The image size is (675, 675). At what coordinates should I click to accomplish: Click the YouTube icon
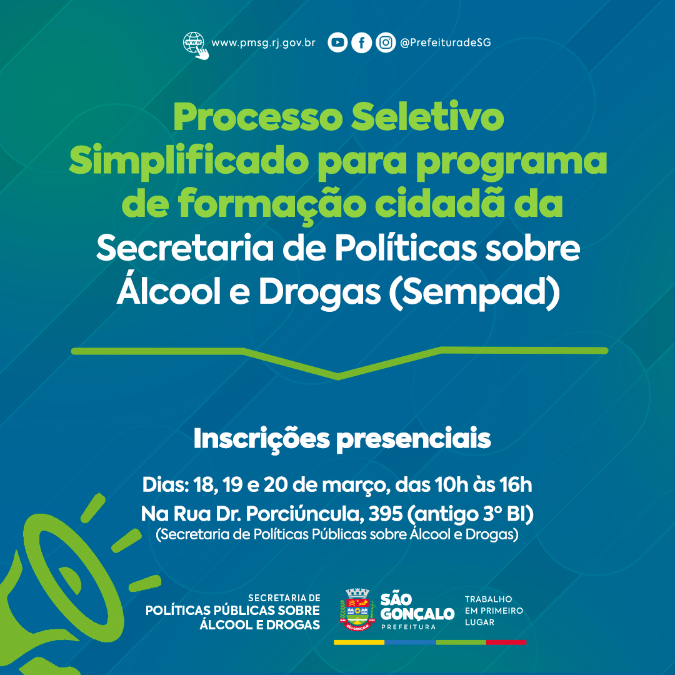tap(337, 42)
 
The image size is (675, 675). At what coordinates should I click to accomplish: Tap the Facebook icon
tap(362, 42)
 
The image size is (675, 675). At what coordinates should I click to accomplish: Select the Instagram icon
tap(386, 42)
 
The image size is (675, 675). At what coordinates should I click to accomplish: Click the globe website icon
tap(196, 46)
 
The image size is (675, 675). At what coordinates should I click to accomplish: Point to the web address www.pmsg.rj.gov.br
tap(264, 43)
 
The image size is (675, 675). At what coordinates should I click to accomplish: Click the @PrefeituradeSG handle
tap(445, 42)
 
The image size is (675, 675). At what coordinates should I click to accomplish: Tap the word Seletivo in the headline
tap(427, 117)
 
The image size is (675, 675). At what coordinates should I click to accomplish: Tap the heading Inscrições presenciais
tap(342, 439)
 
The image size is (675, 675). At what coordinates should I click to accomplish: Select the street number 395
tap(386, 514)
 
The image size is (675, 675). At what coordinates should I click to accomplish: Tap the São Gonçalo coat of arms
tap(357, 609)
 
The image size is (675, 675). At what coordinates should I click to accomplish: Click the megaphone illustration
tap(64, 590)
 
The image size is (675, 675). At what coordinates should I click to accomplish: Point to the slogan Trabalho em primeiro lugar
tap(494, 611)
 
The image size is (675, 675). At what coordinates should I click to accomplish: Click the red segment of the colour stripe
tap(506, 642)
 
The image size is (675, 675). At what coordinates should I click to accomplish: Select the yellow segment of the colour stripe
tap(359, 642)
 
